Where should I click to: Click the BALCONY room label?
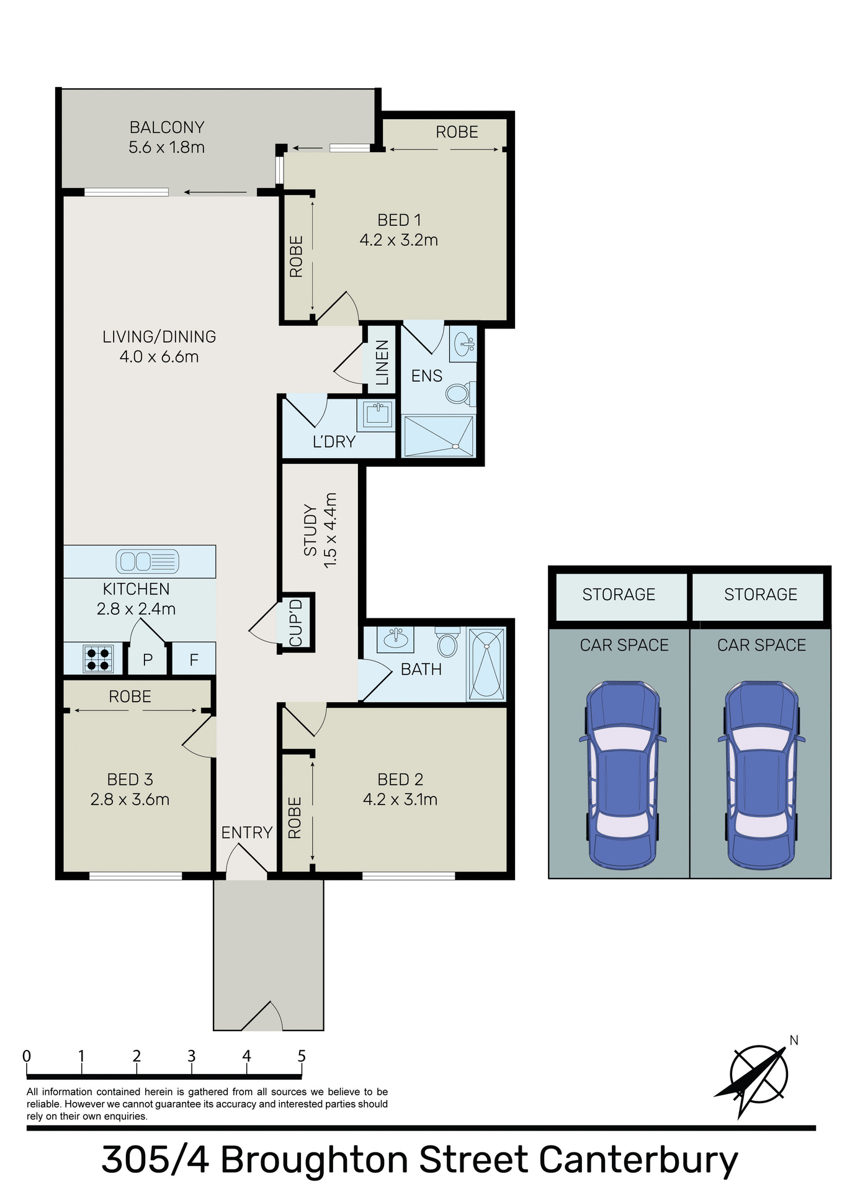pos(167,127)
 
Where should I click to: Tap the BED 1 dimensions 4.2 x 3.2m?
pos(398,240)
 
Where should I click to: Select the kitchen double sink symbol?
pos(147,561)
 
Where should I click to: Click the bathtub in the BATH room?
pos(486,664)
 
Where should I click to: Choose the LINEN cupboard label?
pos(382,362)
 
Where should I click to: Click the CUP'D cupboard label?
pos(296,623)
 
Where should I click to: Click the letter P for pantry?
pos(148,660)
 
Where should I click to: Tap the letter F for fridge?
pos(194,660)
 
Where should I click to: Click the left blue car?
pos(622,775)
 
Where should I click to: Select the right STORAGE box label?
pos(760,595)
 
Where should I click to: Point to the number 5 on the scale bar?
pos(302,1056)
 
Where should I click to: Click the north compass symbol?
pos(758,1075)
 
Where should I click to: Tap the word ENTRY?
pos(247,833)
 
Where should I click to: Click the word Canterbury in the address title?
pos(638,1160)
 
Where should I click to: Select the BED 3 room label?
pos(130,780)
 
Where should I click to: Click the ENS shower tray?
pos(438,435)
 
